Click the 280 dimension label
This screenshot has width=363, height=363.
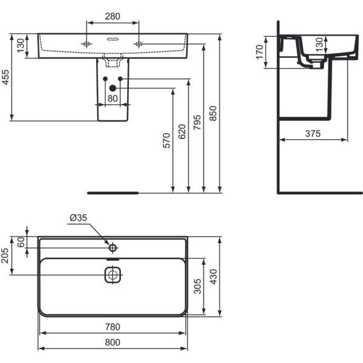click(x=113, y=16)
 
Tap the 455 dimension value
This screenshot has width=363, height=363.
click(x=5, y=77)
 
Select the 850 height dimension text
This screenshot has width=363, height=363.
click(x=213, y=114)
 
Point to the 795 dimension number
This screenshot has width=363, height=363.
click(x=197, y=122)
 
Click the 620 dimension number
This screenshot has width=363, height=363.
click(x=182, y=131)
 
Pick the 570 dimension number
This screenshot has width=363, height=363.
click(x=166, y=140)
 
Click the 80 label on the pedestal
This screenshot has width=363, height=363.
click(x=113, y=99)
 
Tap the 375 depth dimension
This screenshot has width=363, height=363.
click(x=313, y=134)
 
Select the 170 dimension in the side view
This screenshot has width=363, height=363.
click(x=260, y=52)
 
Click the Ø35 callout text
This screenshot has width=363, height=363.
click(x=78, y=218)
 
